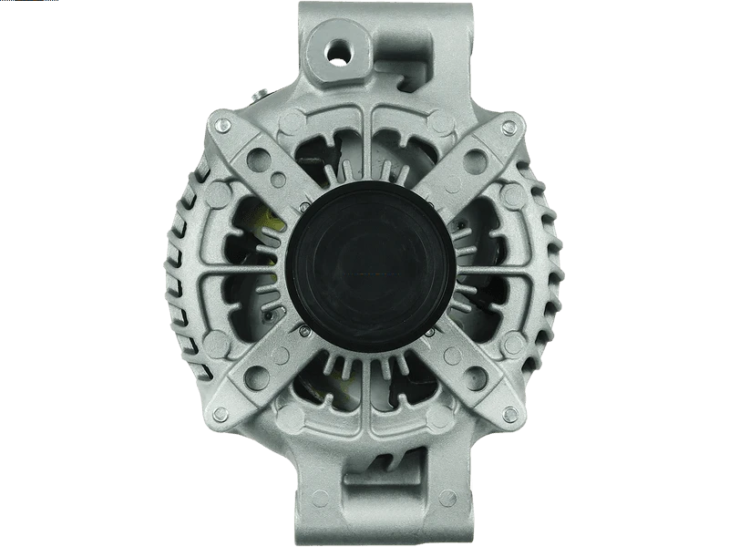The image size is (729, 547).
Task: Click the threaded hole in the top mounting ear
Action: tap(344, 50)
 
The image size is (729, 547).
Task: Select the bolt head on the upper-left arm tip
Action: tap(220, 126)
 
